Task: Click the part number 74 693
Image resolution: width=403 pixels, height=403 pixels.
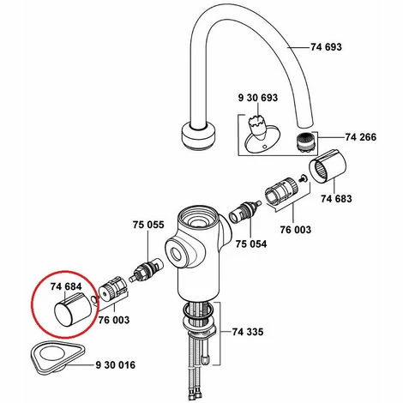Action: (326, 47)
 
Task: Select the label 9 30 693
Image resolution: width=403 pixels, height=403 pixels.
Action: (258, 98)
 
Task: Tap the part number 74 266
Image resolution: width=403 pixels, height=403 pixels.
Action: (361, 137)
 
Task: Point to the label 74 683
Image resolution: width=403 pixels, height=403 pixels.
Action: (336, 198)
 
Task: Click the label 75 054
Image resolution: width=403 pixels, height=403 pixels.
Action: (251, 244)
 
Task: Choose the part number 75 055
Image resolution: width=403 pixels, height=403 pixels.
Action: (148, 225)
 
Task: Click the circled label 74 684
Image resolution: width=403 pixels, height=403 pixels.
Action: (66, 286)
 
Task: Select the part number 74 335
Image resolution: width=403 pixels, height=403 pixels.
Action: (248, 332)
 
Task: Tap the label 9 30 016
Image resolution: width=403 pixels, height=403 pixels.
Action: (115, 365)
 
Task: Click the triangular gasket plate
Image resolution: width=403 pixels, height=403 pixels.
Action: (57, 357)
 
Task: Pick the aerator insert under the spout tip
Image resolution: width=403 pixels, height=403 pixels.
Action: (305, 142)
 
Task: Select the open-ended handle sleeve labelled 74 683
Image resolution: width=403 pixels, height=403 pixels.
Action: (328, 165)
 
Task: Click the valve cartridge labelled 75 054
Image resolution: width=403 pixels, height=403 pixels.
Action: (245, 213)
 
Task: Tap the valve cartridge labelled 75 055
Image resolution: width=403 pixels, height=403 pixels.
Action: (146, 270)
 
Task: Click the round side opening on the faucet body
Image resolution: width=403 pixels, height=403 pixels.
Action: (175, 254)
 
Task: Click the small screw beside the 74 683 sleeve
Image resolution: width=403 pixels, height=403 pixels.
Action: (303, 179)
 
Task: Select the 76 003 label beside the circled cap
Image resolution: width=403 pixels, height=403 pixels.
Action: (114, 320)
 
